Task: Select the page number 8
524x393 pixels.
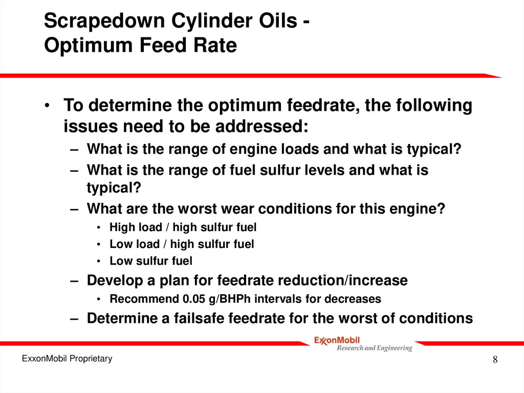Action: click(x=495, y=360)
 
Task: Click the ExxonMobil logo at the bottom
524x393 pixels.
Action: click(x=337, y=340)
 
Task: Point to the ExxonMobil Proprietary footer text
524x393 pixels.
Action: click(x=67, y=359)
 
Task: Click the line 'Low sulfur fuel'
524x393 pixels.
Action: click(x=151, y=261)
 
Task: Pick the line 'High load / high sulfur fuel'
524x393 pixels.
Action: click(x=183, y=227)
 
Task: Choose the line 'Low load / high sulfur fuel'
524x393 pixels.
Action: click(x=182, y=244)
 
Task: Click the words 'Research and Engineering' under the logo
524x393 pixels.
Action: click(x=374, y=348)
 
